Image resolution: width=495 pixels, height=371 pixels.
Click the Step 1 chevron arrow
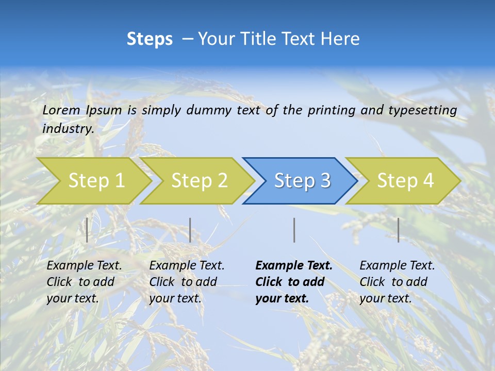click(95, 181)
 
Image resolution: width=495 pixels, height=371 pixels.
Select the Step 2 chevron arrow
click(199, 181)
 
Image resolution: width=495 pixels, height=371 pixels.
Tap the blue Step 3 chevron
click(302, 181)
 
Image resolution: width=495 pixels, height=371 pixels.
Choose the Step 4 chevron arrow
click(405, 181)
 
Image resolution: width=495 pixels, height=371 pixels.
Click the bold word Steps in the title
click(150, 39)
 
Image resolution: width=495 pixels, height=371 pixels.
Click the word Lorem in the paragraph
click(61, 110)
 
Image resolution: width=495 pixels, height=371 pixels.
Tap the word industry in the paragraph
click(68, 128)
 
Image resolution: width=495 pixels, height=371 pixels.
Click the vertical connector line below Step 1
click(87, 230)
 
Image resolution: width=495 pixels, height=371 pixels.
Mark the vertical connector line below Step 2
click(190, 230)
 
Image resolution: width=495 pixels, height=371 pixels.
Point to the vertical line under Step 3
click(294, 230)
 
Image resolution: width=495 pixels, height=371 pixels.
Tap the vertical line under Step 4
click(398, 230)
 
